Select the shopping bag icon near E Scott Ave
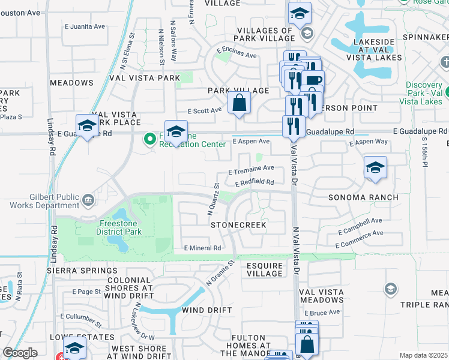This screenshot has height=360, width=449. click(239, 102)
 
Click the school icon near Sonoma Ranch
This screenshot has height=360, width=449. click(375, 167)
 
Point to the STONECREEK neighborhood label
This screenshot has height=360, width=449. click(238, 224)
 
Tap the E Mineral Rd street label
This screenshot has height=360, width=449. click(203, 248)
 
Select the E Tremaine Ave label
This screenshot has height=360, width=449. click(251, 169)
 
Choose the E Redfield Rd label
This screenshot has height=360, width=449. click(255, 182)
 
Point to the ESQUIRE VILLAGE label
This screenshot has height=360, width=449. click(265, 269)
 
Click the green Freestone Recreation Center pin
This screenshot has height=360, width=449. click(149, 140)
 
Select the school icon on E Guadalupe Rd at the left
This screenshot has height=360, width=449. click(87, 125)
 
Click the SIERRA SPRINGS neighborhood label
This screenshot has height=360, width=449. click(75, 271)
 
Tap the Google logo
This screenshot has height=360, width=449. click(20, 353)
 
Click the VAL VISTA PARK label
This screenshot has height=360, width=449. click(144, 78)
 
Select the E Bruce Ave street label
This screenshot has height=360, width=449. click(322, 313)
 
